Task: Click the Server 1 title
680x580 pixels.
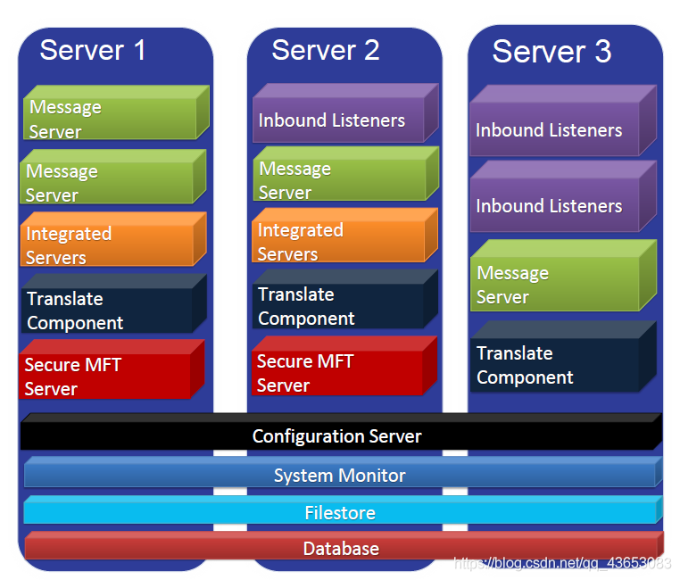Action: pos(93,50)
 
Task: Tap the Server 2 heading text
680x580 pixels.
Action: pos(326,50)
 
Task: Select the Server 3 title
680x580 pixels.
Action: pos(551,52)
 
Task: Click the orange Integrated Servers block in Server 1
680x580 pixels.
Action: pos(107,245)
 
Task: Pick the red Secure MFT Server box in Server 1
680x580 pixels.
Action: pos(105,377)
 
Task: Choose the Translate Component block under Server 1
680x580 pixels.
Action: pos(107,311)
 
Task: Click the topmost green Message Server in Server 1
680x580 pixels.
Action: pos(109,119)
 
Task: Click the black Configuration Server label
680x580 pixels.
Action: pos(337,436)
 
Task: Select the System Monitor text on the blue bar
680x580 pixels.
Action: pos(339,476)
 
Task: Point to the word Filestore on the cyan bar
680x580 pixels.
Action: pos(340,513)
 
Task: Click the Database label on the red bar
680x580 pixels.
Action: pos(341,549)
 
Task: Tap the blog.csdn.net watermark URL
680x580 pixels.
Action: pos(562,563)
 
